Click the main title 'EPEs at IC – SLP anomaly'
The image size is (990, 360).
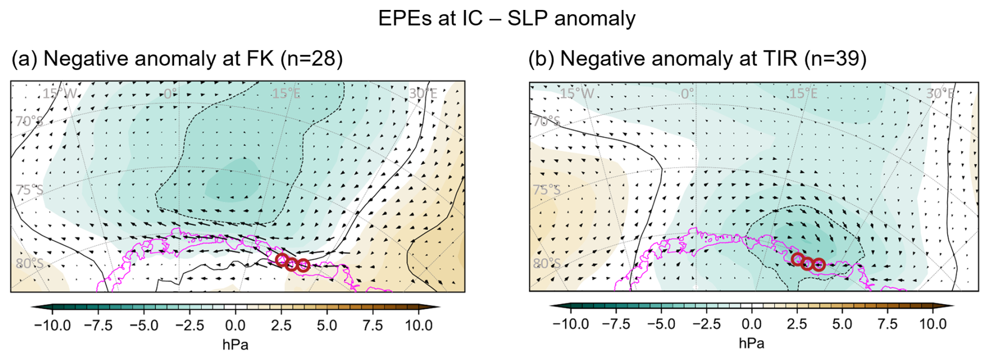506,19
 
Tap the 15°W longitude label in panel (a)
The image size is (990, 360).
60,94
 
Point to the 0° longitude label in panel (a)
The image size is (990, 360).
171,94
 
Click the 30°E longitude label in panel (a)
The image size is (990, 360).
423,94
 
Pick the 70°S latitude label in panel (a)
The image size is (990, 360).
29,121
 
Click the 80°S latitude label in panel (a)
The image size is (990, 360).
30,263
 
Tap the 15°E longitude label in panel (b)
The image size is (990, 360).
803,94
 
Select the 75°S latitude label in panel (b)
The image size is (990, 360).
547,189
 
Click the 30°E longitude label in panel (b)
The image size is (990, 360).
940,94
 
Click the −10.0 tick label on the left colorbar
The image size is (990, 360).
52,325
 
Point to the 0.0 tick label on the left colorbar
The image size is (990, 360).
235,325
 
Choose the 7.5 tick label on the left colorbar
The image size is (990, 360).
372,325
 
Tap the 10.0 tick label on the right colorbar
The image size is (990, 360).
933,324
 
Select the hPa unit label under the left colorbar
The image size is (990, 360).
235,345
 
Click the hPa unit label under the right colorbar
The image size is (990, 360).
751,343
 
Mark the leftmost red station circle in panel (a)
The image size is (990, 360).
282,260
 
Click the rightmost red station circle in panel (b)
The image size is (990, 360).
819,265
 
